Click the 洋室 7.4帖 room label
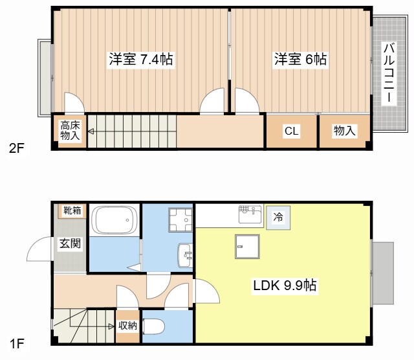point(141,59)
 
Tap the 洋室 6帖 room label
point(300,59)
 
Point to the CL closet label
point(292,131)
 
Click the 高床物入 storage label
point(70,130)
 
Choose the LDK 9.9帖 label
point(285,285)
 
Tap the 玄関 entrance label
point(70,243)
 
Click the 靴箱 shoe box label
point(72,210)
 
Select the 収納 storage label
point(127,326)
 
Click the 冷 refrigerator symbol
point(278,218)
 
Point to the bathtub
point(114,220)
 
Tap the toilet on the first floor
point(154,326)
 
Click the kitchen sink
point(250,214)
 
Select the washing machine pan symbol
point(180,220)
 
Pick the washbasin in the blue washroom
point(186,255)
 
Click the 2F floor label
point(17,148)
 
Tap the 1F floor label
point(17,344)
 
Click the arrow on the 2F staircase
point(91,131)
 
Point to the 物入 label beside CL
point(344,131)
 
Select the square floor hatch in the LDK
point(247,247)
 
